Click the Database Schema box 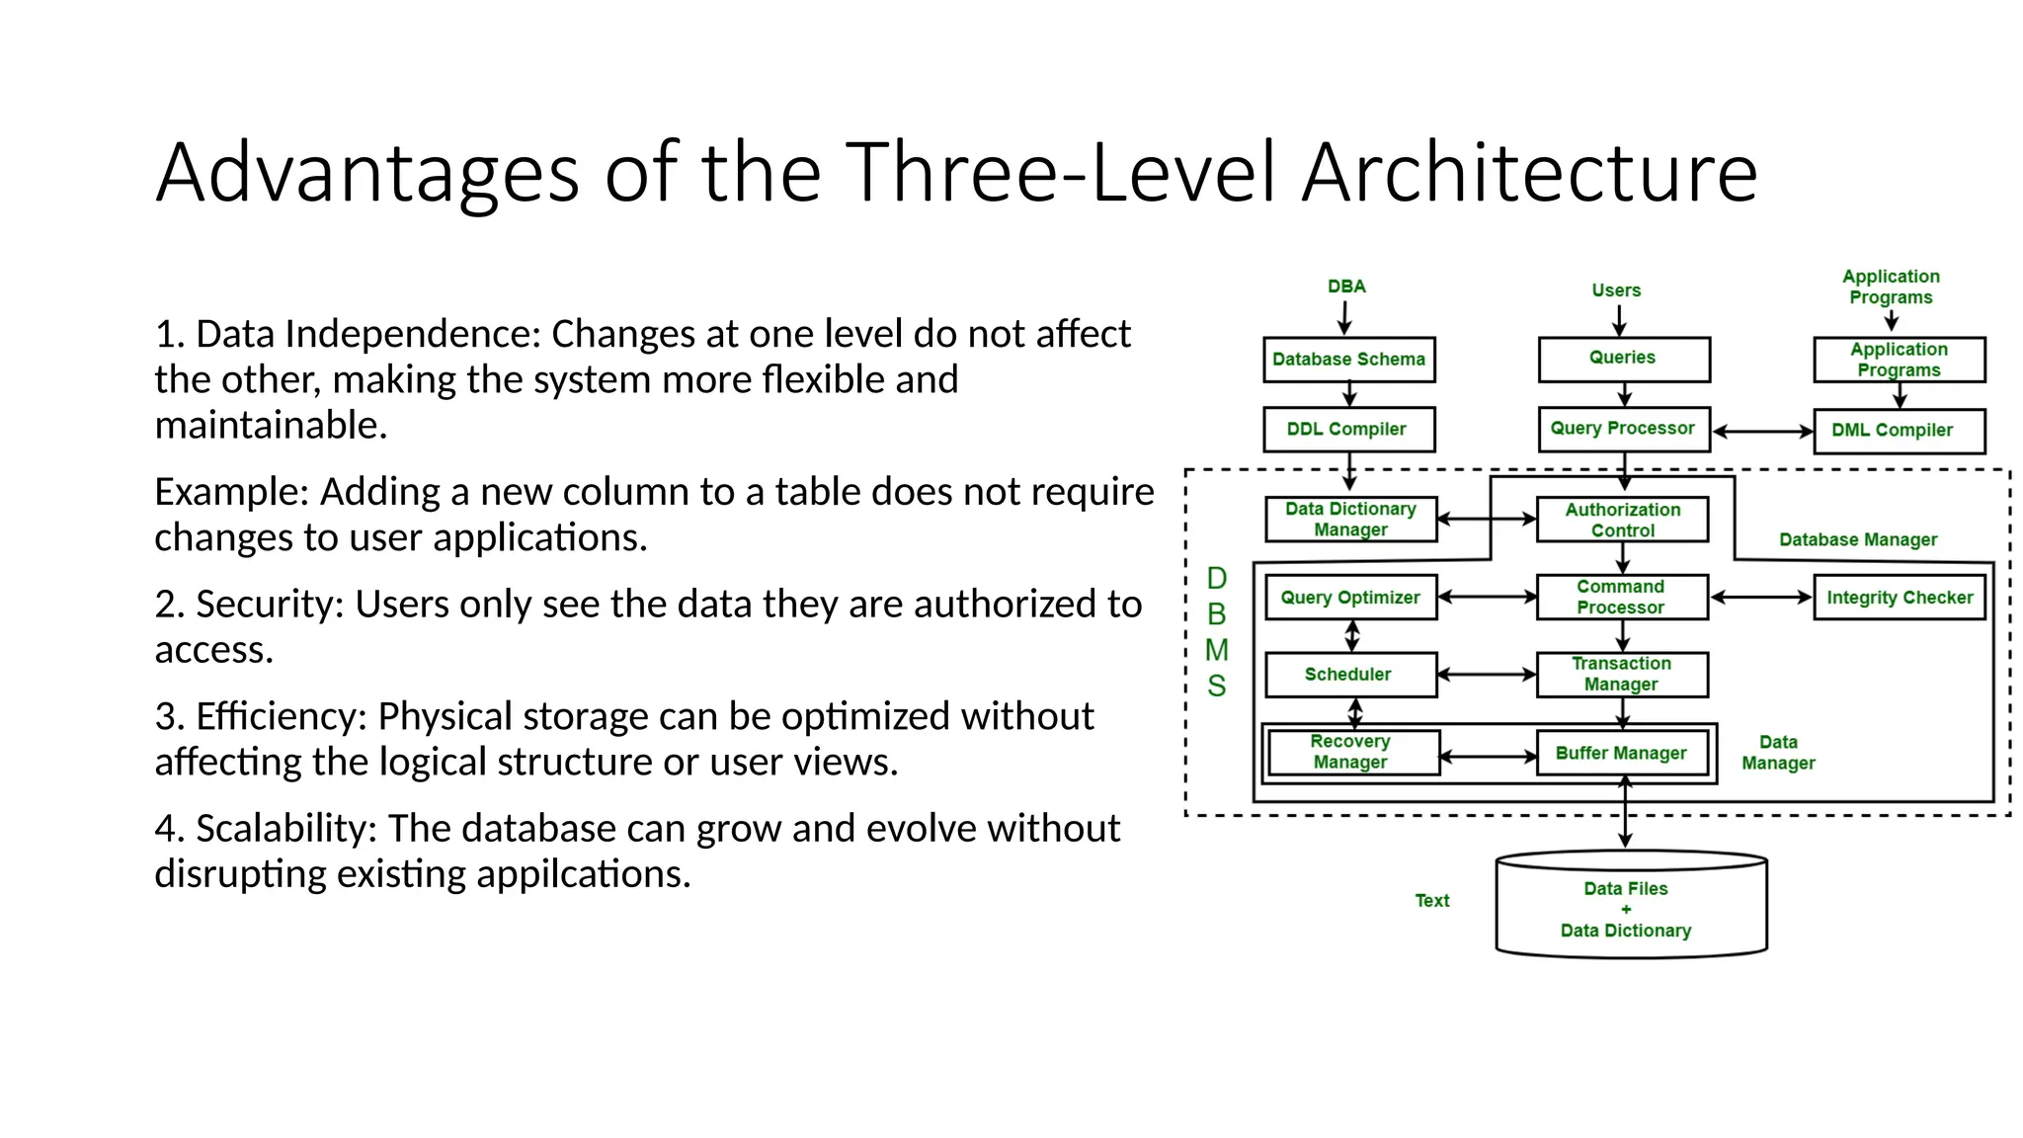coord(1348,360)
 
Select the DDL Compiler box coord(1348,430)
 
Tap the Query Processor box coord(1623,429)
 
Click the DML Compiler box coord(1899,431)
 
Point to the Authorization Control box coord(1622,520)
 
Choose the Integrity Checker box coord(1899,598)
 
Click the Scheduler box coord(1349,675)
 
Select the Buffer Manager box coord(1622,754)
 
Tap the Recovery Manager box coord(1351,753)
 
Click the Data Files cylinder coord(1630,909)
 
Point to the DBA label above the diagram coord(1346,286)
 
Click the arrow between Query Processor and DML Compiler coord(1762,432)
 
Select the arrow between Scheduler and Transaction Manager coord(1487,675)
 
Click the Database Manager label coord(1857,540)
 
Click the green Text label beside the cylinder coord(1431,901)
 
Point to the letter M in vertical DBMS coord(1217,650)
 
